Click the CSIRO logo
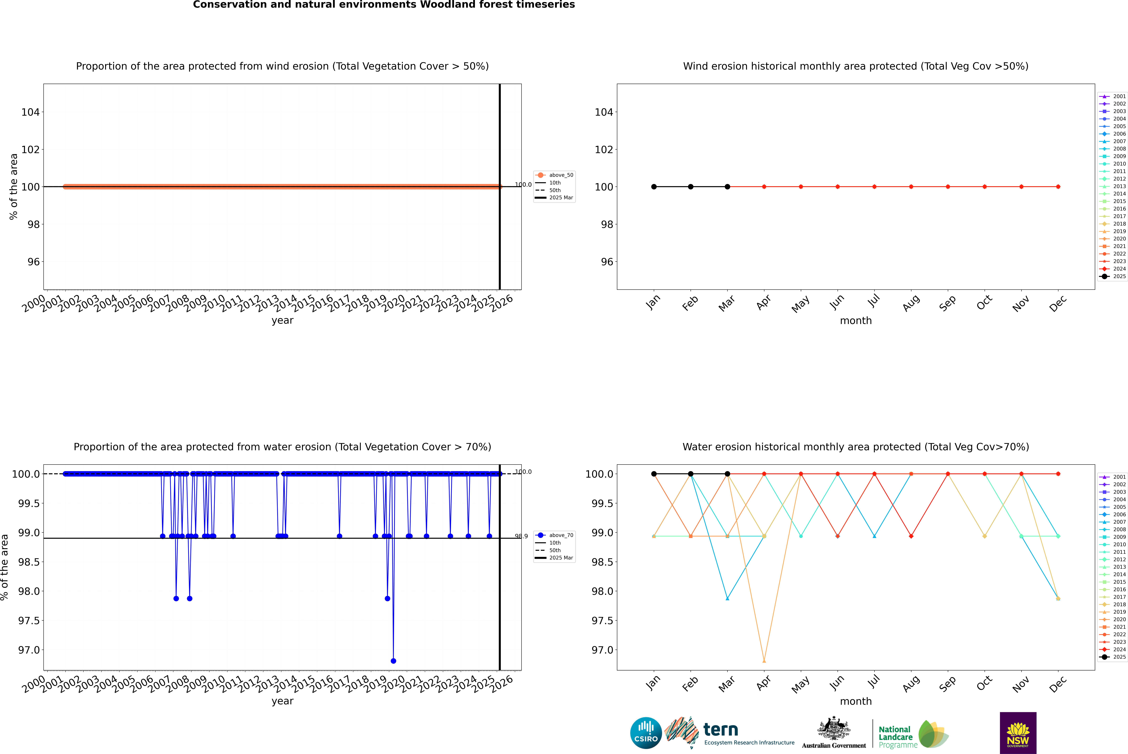pyautogui.click(x=646, y=733)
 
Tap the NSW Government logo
pyautogui.click(x=1018, y=733)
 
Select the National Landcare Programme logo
pyautogui.click(x=914, y=734)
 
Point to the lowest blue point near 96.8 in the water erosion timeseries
pyautogui.click(x=393, y=661)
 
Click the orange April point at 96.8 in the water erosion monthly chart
pyautogui.click(x=764, y=661)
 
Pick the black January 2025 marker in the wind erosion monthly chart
pyautogui.click(x=654, y=187)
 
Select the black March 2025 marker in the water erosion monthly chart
pyautogui.click(x=727, y=474)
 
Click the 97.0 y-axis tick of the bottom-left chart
pyautogui.click(x=29, y=650)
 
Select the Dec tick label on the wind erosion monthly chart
pyautogui.click(x=1058, y=303)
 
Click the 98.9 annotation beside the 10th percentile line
pyautogui.click(x=521, y=536)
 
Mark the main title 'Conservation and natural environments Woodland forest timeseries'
pyautogui.click(x=384, y=5)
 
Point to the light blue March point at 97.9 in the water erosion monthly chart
pyautogui.click(x=727, y=599)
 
